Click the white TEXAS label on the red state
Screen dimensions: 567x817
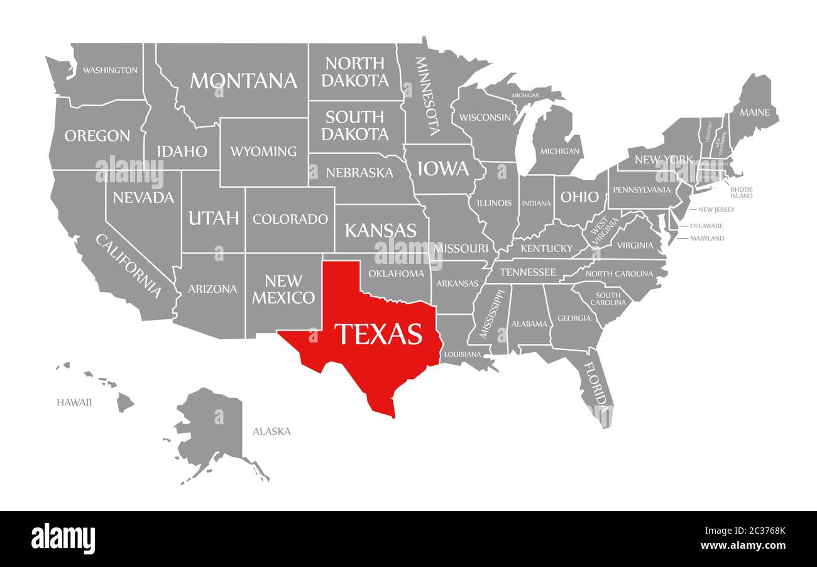pyautogui.click(x=378, y=334)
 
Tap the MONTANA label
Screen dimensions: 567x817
pyautogui.click(x=243, y=80)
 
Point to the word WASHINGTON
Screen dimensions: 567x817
pyautogui.click(x=110, y=70)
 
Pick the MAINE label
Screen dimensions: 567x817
pyautogui.click(x=754, y=113)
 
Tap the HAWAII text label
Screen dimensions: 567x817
pyautogui.click(x=74, y=402)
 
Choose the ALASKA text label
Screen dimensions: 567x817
pyautogui.click(x=271, y=431)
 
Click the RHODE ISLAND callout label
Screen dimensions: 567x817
pyautogui.click(x=741, y=192)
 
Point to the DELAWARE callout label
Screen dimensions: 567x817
pyautogui.click(x=706, y=226)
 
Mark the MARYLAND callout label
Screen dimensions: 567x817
pyautogui.click(x=707, y=238)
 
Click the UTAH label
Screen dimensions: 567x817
pyautogui.click(x=214, y=218)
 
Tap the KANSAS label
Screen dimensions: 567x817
pyautogui.click(x=380, y=230)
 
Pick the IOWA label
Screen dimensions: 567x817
pyautogui.click(x=443, y=168)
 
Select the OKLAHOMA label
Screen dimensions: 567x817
pyautogui.click(x=396, y=273)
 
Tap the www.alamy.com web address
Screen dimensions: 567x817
pyautogui.click(x=743, y=546)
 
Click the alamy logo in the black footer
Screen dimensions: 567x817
pyautogui.click(x=63, y=539)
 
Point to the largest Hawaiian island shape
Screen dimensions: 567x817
pyautogui.click(x=125, y=402)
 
